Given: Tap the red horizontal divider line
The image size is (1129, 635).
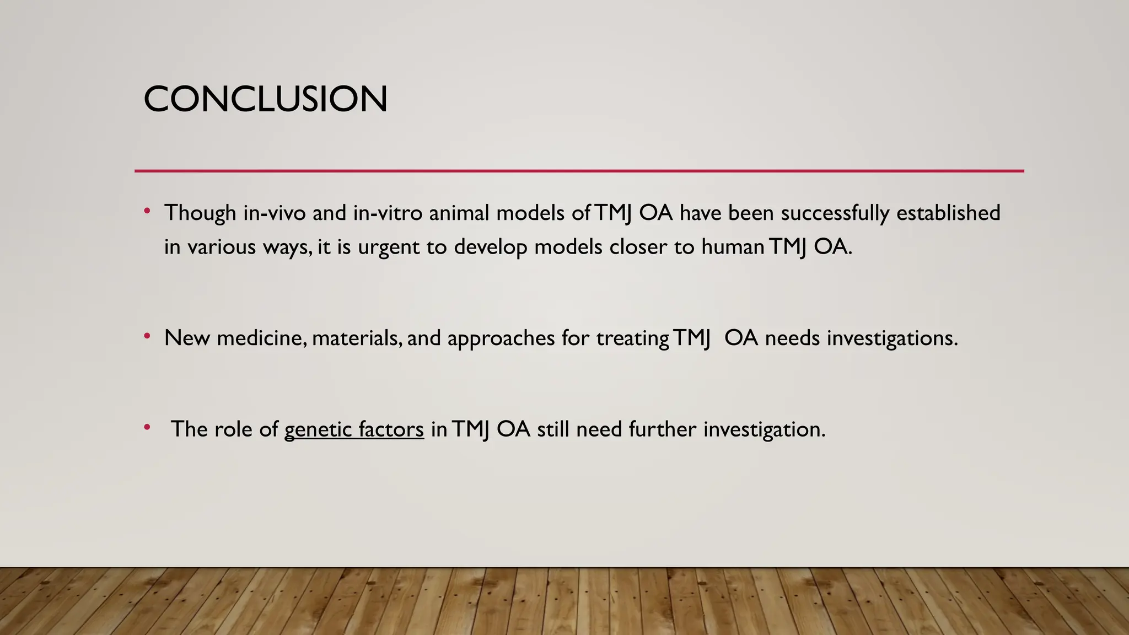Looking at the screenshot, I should click(x=579, y=171).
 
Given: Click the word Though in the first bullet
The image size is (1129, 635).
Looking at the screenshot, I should click(x=200, y=213).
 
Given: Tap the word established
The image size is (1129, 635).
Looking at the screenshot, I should click(x=948, y=213).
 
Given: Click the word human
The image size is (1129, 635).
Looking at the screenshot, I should click(x=732, y=247).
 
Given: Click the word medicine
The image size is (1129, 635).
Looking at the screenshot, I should click(x=261, y=338).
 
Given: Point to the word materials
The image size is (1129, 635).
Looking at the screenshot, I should click(x=356, y=338).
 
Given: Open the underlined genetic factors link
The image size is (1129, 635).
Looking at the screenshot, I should click(x=354, y=429).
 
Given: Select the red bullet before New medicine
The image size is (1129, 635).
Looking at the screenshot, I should click(x=147, y=336).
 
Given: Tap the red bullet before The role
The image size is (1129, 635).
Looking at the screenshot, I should click(x=147, y=427).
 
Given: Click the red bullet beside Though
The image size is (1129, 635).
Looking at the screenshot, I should click(x=147, y=211).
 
